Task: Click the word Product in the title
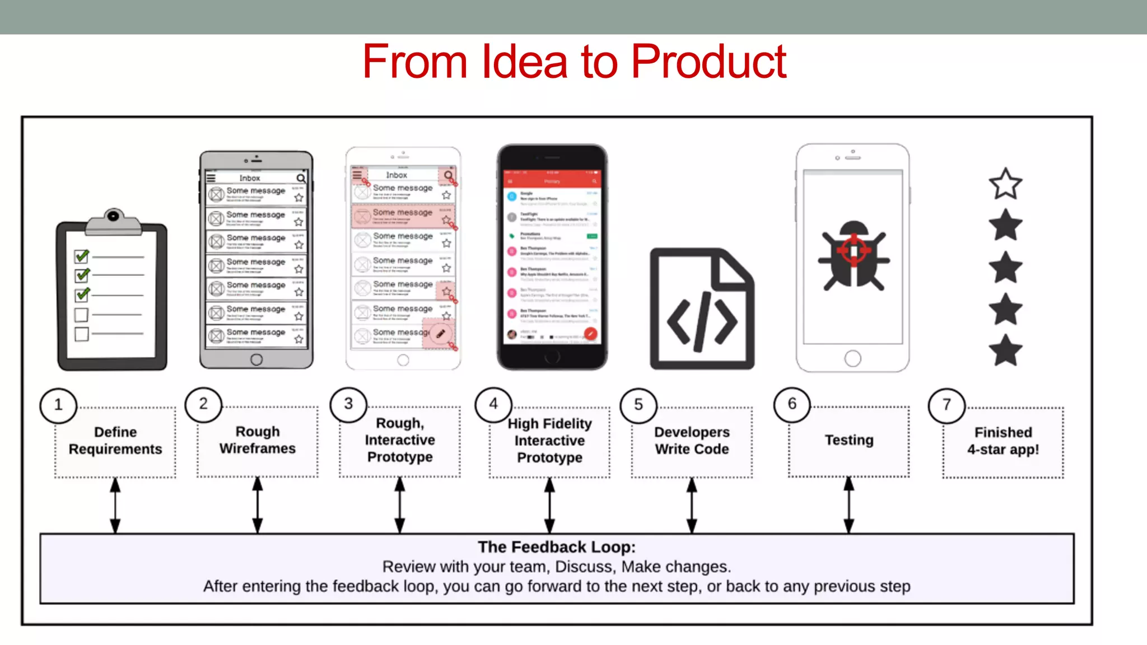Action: (708, 62)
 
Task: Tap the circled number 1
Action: (58, 405)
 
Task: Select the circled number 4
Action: (493, 404)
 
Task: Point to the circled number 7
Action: (946, 405)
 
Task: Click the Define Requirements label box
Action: (115, 441)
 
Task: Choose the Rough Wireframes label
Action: (258, 440)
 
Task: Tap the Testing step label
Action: (849, 440)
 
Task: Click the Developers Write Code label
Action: (692, 441)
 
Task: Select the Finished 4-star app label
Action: (1003, 441)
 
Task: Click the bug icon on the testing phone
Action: (853, 255)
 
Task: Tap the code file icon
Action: (702, 309)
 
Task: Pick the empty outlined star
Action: (1005, 184)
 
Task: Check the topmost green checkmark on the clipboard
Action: (82, 256)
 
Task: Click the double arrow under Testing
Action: (849, 505)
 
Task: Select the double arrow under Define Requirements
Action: (115, 505)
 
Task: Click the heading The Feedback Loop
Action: (557, 547)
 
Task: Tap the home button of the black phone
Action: (552, 357)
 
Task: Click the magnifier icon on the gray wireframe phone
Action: (301, 178)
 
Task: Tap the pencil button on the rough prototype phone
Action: (441, 334)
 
